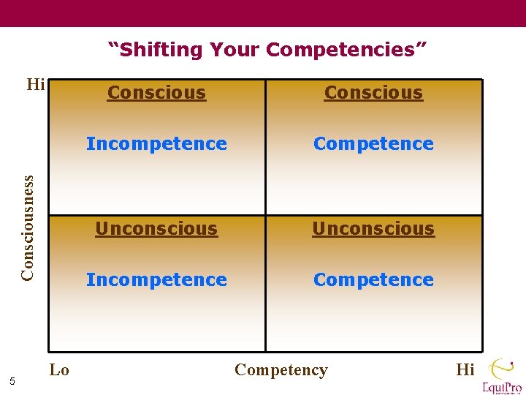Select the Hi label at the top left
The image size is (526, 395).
pos(36,85)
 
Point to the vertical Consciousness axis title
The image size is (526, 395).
pos(28,227)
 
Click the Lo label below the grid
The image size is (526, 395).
pos(59,369)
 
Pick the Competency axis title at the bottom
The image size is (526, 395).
pos(281,369)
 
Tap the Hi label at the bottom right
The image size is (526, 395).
pos(465,369)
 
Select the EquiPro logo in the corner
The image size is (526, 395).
pos(501,376)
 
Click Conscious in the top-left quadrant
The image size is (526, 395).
pos(156,93)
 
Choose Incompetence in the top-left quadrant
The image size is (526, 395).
pos(156,143)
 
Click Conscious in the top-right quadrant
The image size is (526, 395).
pos(373,93)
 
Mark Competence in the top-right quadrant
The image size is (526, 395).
pos(373,143)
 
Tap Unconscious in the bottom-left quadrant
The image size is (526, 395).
pos(156,228)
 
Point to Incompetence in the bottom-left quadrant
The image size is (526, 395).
pos(156,279)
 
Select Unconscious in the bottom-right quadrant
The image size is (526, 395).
pos(373,228)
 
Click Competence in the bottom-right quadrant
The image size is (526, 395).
pos(373,279)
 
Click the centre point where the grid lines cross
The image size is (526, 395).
pos(265,215)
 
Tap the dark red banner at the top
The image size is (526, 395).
pos(263,13)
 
